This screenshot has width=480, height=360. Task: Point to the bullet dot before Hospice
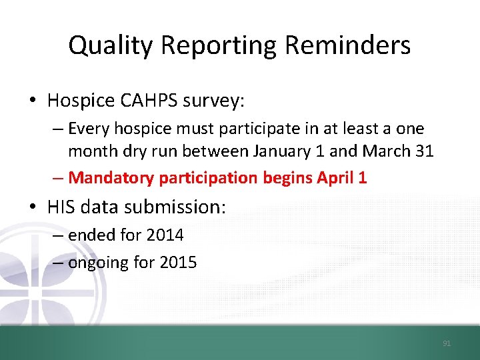pyautogui.click(x=33, y=101)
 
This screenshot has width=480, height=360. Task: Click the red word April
pyautogui.click(x=333, y=178)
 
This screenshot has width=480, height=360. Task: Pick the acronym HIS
pyautogui.click(x=62, y=207)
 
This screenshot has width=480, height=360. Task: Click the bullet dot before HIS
pyautogui.click(x=33, y=207)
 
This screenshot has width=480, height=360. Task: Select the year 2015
pyautogui.click(x=179, y=263)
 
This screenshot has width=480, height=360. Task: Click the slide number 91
pyautogui.click(x=447, y=343)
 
